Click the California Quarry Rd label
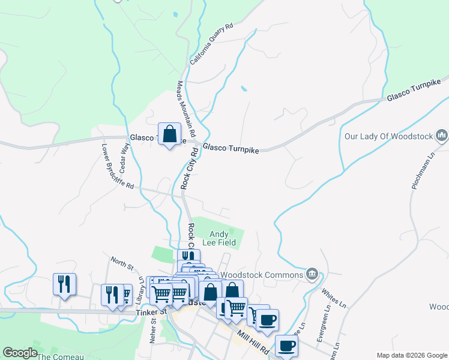pos(211,44)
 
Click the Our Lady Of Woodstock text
pos(388,136)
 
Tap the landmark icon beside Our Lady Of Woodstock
pos(442,136)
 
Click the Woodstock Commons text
pos(261,275)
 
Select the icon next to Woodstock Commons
pos(311,274)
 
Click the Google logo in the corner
pos(20,353)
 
